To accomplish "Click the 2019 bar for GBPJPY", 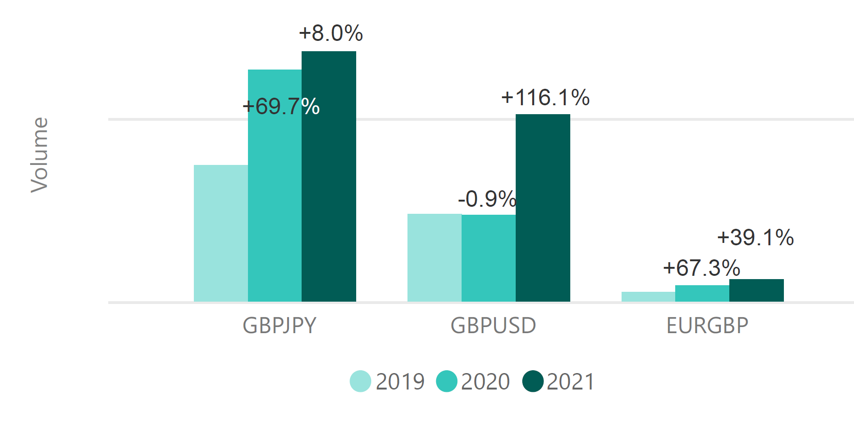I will click(x=221, y=233).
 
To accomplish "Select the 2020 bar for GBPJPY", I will click(x=275, y=197).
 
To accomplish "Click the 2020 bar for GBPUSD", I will click(x=488, y=258).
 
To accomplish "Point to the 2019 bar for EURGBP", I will click(x=648, y=296).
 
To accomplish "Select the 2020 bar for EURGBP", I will click(x=702, y=293).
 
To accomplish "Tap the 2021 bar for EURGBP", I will click(x=757, y=290).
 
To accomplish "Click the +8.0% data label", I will click(x=331, y=33).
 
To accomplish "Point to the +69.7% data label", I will click(x=281, y=107).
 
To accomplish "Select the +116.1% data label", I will click(x=545, y=98).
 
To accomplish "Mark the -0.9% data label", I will click(x=487, y=199).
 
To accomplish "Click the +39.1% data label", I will click(x=755, y=238).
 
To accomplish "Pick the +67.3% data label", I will click(x=702, y=268).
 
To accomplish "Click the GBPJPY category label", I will click(x=279, y=326).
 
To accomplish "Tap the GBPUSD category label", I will click(x=493, y=326).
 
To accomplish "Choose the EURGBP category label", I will click(x=707, y=326).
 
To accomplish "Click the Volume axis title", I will click(x=40, y=155).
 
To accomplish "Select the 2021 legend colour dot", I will click(x=533, y=381).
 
